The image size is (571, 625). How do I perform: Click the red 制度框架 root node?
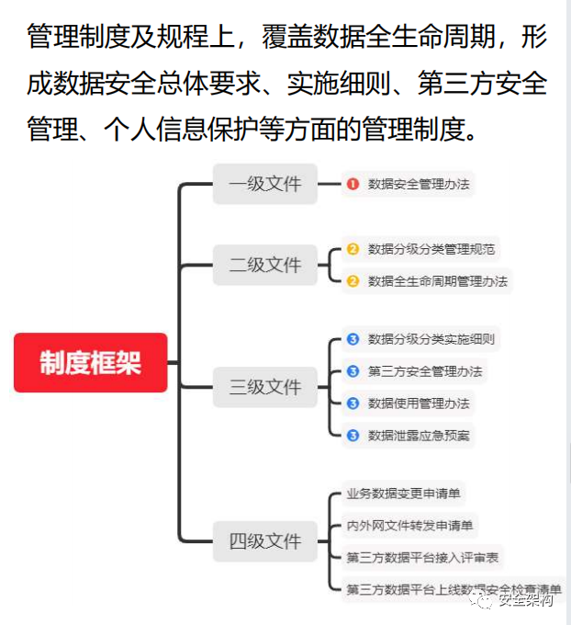[90, 363]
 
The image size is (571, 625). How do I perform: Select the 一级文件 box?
[264, 184]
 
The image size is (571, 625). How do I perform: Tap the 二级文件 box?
[264, 265]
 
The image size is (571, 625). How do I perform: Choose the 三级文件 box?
[264, 387]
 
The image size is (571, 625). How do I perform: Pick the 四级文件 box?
[264, 541]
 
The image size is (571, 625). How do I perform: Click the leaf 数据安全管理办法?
[419, 185]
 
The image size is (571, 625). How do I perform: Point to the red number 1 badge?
[353, 185]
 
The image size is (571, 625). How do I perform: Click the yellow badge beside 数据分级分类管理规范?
[353, 249]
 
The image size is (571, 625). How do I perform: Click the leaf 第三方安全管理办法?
[425, 371]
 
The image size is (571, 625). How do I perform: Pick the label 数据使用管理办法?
[419, 403]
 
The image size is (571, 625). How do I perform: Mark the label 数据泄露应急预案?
[419, 436]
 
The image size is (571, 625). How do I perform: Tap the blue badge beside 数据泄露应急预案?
[353, 436]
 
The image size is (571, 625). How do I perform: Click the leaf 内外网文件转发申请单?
[409, 526]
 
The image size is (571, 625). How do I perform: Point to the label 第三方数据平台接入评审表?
[422, 558]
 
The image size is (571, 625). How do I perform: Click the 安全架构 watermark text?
[525, 601]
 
